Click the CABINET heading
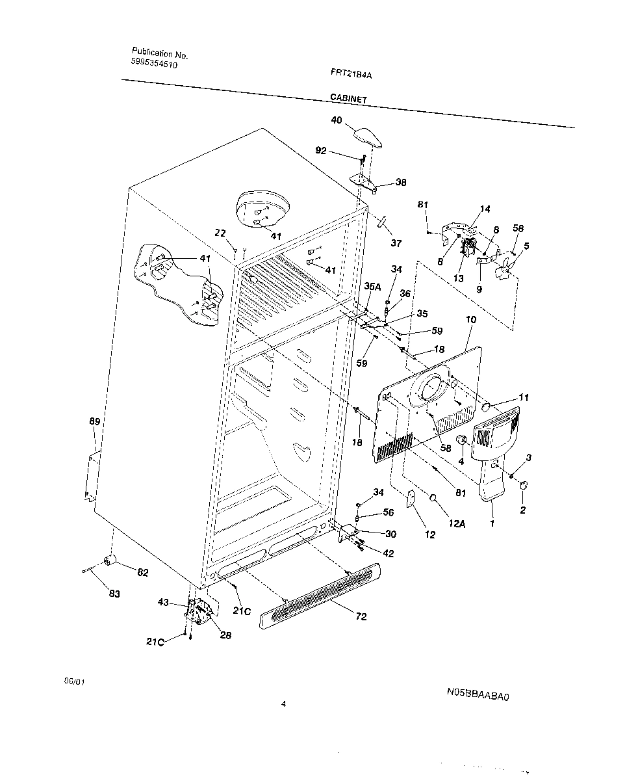point(348,99)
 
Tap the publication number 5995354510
point(154,64)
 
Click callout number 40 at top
point(337,120)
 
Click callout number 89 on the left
point(94,422)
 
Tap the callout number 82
point(142,572)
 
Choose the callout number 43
point(163,602)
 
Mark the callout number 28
point(225,635)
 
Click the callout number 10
point(471,320)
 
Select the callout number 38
point(401,183)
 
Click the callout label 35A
point(372,285)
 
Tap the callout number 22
point(220,233)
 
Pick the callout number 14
point(485,209)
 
